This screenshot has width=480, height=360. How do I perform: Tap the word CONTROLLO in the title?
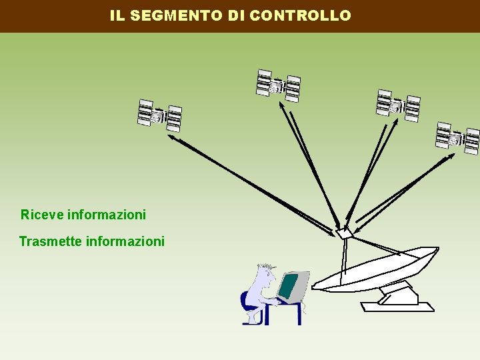pyautogui.click(x=300, y=15)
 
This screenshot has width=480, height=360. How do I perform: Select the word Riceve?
pyautogui.click(x=42, y=215)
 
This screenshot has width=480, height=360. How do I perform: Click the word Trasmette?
pyautogui.click(x=51, y=241)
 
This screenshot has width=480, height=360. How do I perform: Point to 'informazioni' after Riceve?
pyautogui.click(x=107, y=215)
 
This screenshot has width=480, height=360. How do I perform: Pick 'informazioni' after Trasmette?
pyautogui.click(x=125, y=241)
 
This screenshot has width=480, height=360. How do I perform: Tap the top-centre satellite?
pyautogui.click(x=278, y=85)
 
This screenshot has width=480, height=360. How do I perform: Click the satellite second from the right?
pyautogui.click(x=398, y=105)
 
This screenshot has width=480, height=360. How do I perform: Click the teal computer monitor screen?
pyautogui.click(x=289, y=285)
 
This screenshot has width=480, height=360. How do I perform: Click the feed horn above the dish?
pyautogui.click(x=343, y=233)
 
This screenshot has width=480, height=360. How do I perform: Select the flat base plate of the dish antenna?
pyautogui.click(x=397, y=307)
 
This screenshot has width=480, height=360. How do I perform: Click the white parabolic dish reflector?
pyautogui.click(x=377, y=267)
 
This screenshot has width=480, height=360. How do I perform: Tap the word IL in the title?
pyautogui.click(x=117, y=15)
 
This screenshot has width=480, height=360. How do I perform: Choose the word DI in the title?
pyautogui.click(x=237, y=15)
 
